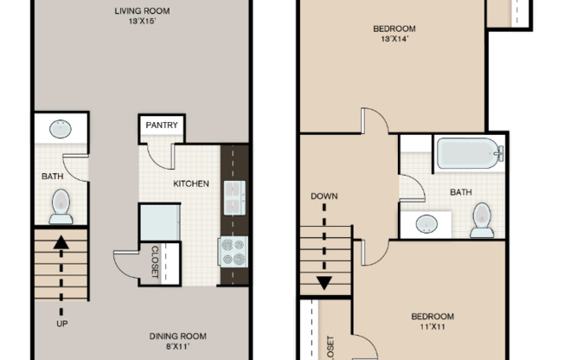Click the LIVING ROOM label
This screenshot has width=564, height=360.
[x=141, y=10]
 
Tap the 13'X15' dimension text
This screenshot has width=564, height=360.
[x=141, y=22]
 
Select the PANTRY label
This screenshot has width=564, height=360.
[x=162, y=125]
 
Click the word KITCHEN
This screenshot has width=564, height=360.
[x=190, y=183]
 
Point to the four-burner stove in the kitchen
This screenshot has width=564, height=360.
[x=234, y=252]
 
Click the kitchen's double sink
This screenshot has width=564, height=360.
[x=234, y=197]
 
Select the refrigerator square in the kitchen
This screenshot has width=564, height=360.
[x=159, y=222]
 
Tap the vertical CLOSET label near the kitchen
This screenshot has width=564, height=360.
[x=156, y=263]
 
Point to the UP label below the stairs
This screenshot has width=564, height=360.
[x=61, y=324]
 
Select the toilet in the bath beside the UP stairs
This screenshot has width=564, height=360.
[x=61, y=206]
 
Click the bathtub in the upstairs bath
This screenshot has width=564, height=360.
[x=469, y=153]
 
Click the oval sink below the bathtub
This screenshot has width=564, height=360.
[x=426, y=223]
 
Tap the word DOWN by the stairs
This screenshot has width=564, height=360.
[x=324, y=196]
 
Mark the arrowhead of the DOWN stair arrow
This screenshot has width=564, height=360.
[x=324, y=282]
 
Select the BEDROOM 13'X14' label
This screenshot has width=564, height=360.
[x=394, y=29]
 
